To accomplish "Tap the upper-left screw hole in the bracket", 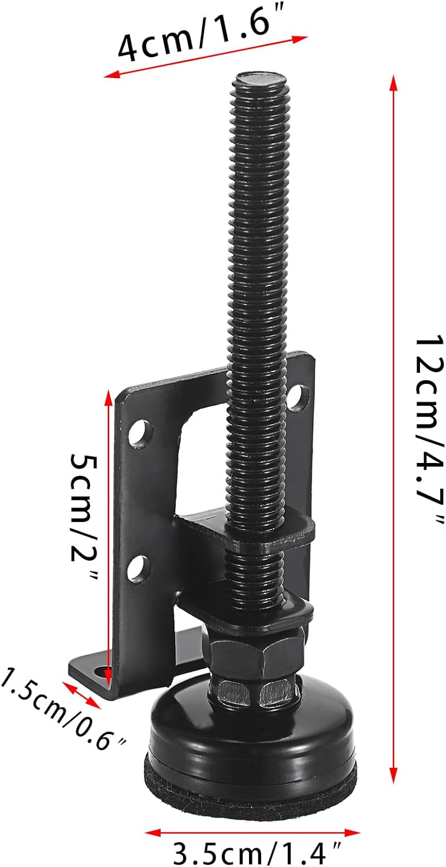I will (x=140, y=433).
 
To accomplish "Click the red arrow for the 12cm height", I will (x=393, y=428).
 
